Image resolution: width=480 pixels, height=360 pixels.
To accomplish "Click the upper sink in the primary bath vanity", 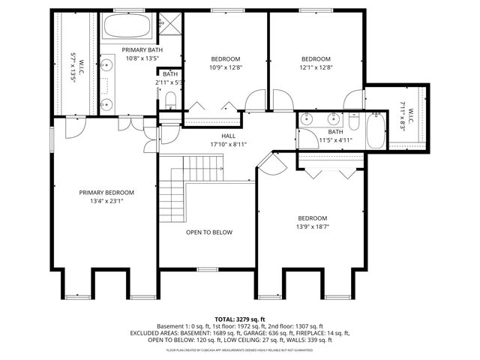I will [x=107, y=66].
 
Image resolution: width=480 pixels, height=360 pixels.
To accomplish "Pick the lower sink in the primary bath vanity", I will [x=107, y=103].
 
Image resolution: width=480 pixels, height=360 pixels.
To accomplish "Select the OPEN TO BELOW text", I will [x=209, y=232].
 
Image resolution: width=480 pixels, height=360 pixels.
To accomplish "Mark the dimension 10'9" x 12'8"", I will [x=225, y=67].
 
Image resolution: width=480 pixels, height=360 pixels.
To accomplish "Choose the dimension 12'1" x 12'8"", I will [x=316, y=67].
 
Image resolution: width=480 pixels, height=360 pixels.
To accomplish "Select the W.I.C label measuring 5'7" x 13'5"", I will [x=73, y=58].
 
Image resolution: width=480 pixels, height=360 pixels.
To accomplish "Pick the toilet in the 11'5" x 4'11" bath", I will [x=353, y=119].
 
